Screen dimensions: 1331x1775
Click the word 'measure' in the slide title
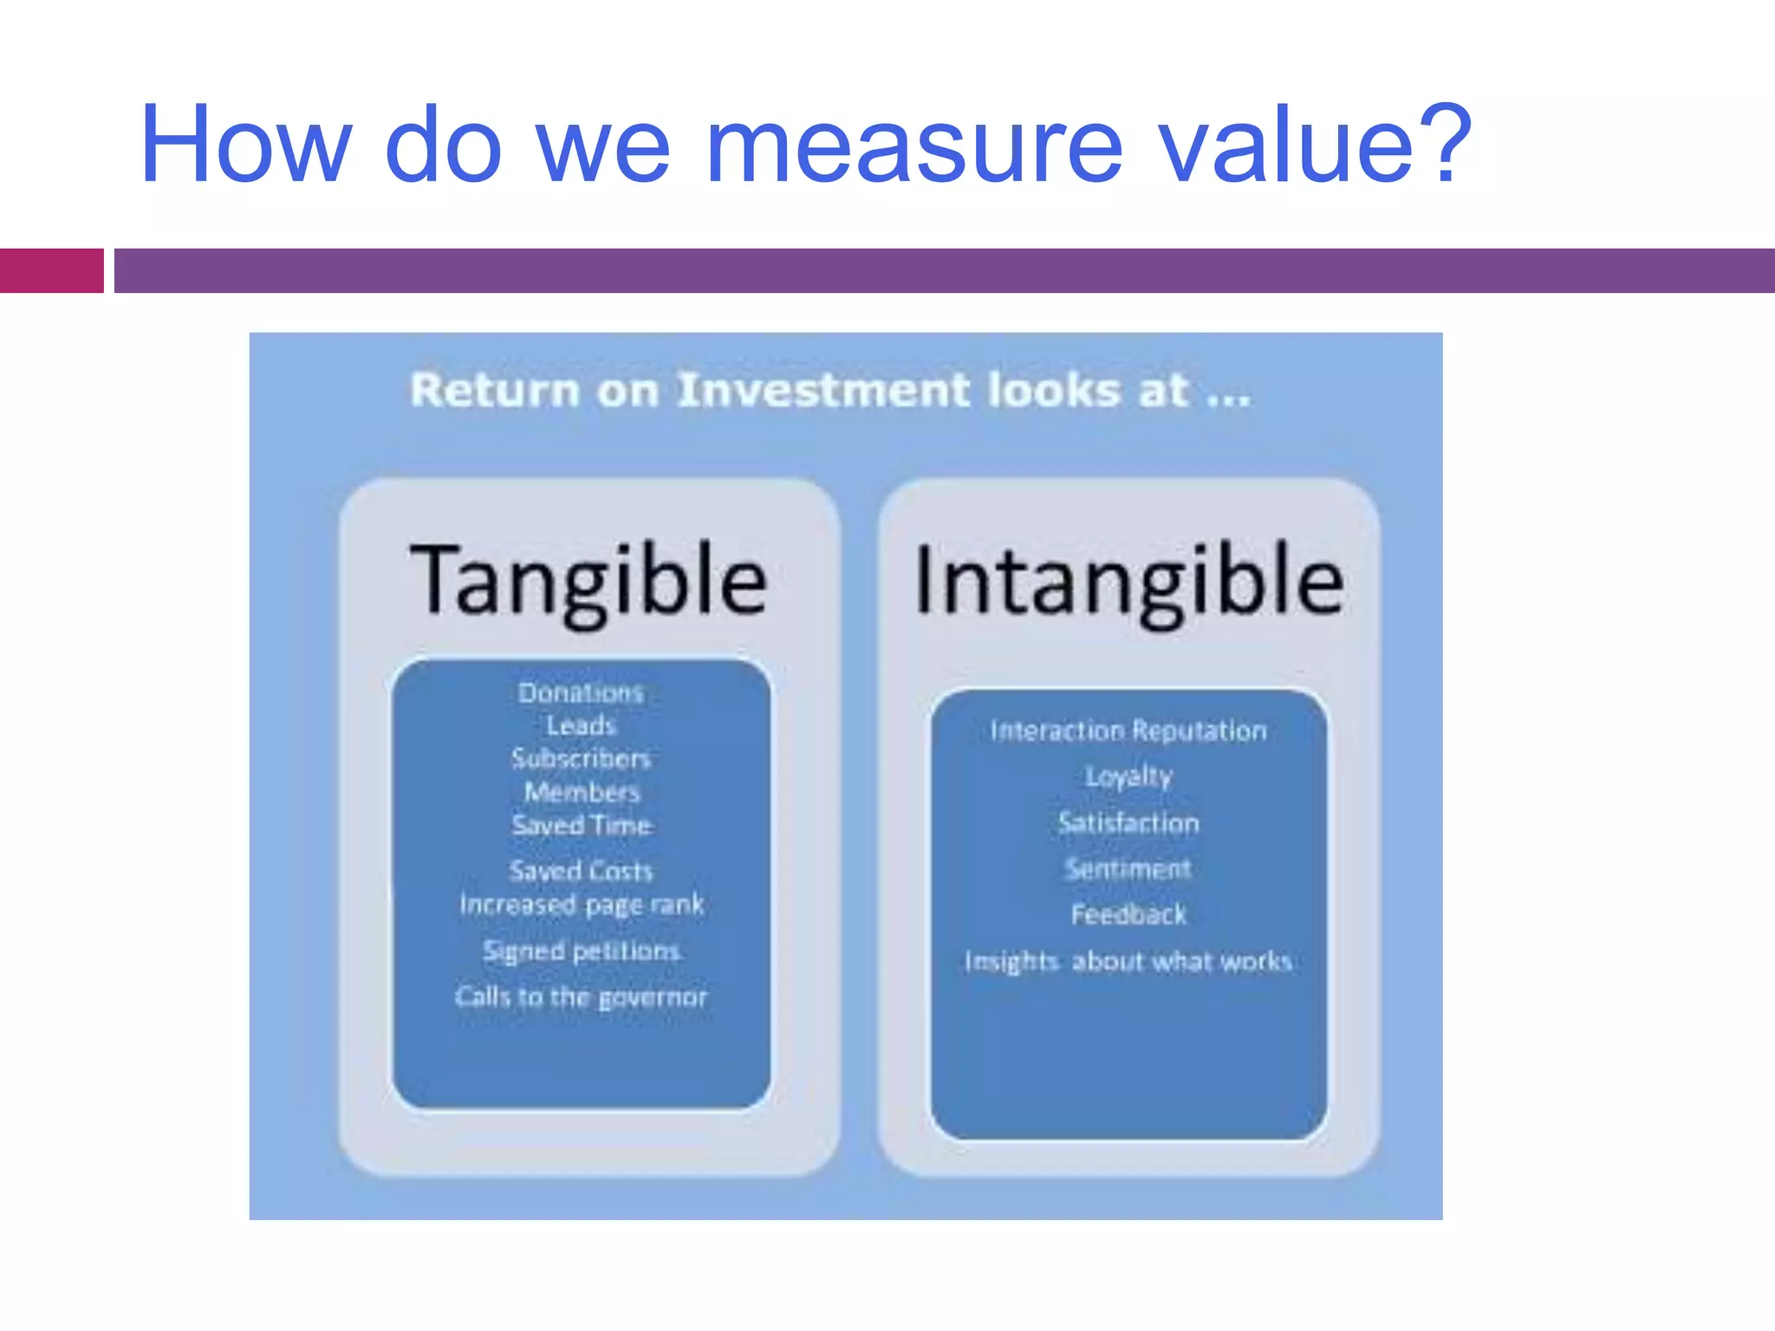pyautogui.click(x=914, y=146)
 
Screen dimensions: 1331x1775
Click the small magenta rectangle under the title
pyautogui.click(x=51, y=270)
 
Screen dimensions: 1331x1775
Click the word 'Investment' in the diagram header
pyautogui.click(x=824, y=390)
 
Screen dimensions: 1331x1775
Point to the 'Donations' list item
pyautogui.click(x=581, y=692)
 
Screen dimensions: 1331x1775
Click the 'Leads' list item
pyautogui.click(x=581, y=725)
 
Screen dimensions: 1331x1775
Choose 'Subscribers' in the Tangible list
pyautogui.click(x=581, y=758)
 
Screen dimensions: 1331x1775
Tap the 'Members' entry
pyautogui.click(x=582, y=792)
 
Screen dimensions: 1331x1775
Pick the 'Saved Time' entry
pyautogui.click(x=582, y=825)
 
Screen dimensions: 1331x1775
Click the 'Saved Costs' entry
pyautogui.click(x=581, y=870)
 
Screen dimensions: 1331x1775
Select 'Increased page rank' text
pyautogui.click(x=582, y=905)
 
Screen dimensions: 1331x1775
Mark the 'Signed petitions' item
pyautogui.click(x=582, y=951)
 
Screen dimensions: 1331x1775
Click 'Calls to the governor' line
pyautogui.click(x=582, y=997)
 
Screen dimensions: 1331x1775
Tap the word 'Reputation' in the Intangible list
pyautogui.click(x=1199, y=730)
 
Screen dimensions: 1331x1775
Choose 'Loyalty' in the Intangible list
pyautogui.click(x=1128, y=776)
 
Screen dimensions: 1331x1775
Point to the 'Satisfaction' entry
pyautogui.click(x=1128, y=822)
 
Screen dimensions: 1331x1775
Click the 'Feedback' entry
pyautogui.click(x=1128, y=914)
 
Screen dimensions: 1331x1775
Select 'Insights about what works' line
pyautogui.click(x=1128, y=961)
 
